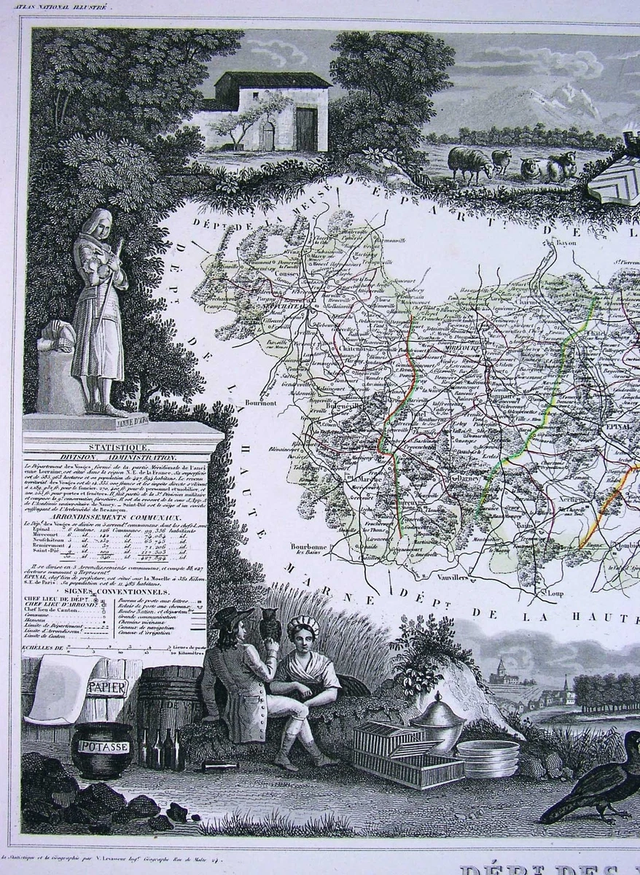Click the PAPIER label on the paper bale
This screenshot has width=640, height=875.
click(x=106, y=688)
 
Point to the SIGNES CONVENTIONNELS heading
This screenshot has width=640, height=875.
click(x=116, y=591)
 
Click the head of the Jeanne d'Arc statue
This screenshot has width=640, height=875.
click(x=95, y=221)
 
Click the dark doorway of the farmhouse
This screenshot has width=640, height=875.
click(x=306, y=129)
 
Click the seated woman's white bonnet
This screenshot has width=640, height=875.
click(x=303, y=626)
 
